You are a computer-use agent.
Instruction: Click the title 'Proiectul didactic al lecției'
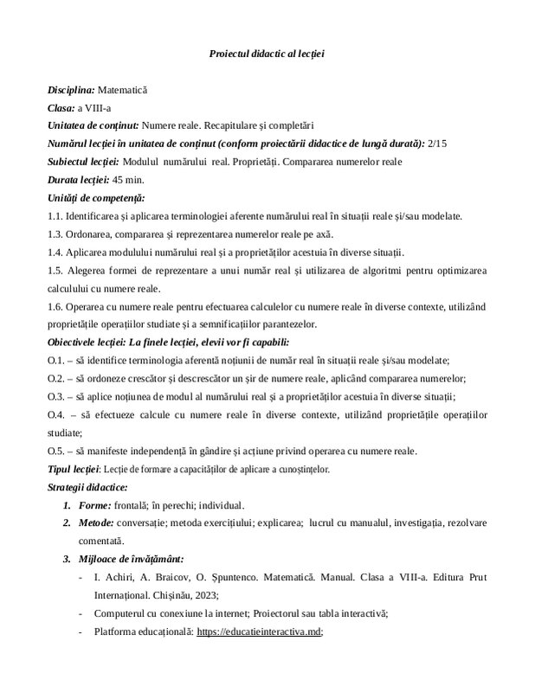pyautogui.click(x=267, y=54)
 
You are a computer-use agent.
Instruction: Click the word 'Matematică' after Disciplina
pyautogui.click(x=123, y=90)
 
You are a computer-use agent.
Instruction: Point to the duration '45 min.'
pyautogui.click(x=129, y=180)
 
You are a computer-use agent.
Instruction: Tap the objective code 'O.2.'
pyautogui.click(x=57, y=379)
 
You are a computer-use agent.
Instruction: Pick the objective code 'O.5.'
pyautogui.click(x=57, y=451)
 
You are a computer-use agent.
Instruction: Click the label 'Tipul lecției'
pyautogui.click(x=74, y=469)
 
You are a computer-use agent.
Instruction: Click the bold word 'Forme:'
pyautogui.click(x=95, y=505)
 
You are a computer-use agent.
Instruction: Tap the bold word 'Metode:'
pyautogui.click(x=99, y=523)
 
